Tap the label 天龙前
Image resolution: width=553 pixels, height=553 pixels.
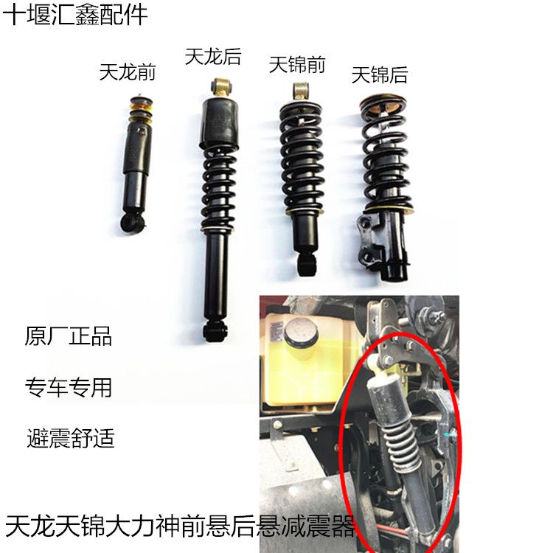point(127,72)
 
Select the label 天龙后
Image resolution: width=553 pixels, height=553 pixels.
point(212,56)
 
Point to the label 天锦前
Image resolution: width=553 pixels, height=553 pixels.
point(296,65)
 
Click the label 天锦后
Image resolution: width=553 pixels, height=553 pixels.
point(379,74)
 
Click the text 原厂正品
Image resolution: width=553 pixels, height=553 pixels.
point(69,337)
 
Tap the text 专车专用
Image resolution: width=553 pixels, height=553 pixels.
point(69,387)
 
